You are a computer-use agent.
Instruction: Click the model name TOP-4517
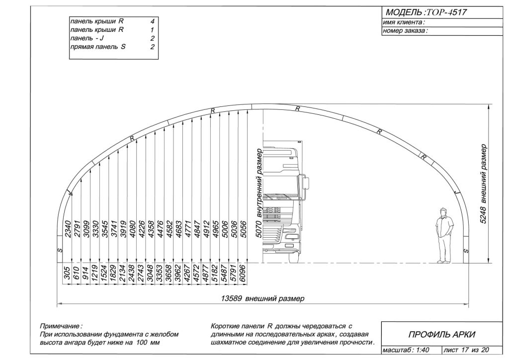[x=446, y=12]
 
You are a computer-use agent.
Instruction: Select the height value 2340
[x=68, y=229]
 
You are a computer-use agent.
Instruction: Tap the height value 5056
[x=244, y=229]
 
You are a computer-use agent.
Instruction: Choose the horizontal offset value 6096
[x=242, y=273]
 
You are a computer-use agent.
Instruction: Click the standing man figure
[x=444, y=235]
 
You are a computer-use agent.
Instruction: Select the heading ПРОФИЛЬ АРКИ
[x=441, y=334]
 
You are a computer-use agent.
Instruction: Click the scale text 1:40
[x=423, y=350]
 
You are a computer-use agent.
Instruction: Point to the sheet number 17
[x=465, y=350]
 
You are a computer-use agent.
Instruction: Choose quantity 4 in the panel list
[x=152, y=21]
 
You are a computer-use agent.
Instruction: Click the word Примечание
[x=61, y=326]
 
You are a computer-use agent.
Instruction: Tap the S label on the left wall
[x=60, y=250]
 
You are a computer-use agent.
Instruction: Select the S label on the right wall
[x=466, y=251]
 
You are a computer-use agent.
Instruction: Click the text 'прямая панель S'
[x=98, y=47]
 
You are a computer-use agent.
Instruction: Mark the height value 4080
[x=133, y=229]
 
